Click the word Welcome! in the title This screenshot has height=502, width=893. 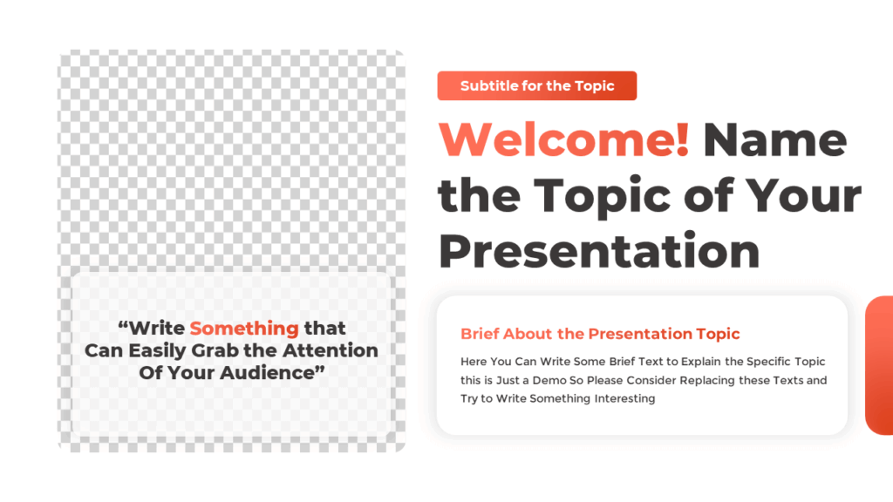563,139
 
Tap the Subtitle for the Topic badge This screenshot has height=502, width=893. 537,85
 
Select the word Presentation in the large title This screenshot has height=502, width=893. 599,250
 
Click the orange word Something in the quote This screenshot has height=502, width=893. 244,329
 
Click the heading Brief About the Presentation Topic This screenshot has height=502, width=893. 600,334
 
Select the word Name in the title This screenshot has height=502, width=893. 774,139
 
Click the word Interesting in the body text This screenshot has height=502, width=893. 624,398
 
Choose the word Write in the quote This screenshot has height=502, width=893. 157,329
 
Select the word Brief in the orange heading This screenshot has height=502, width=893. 480,334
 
